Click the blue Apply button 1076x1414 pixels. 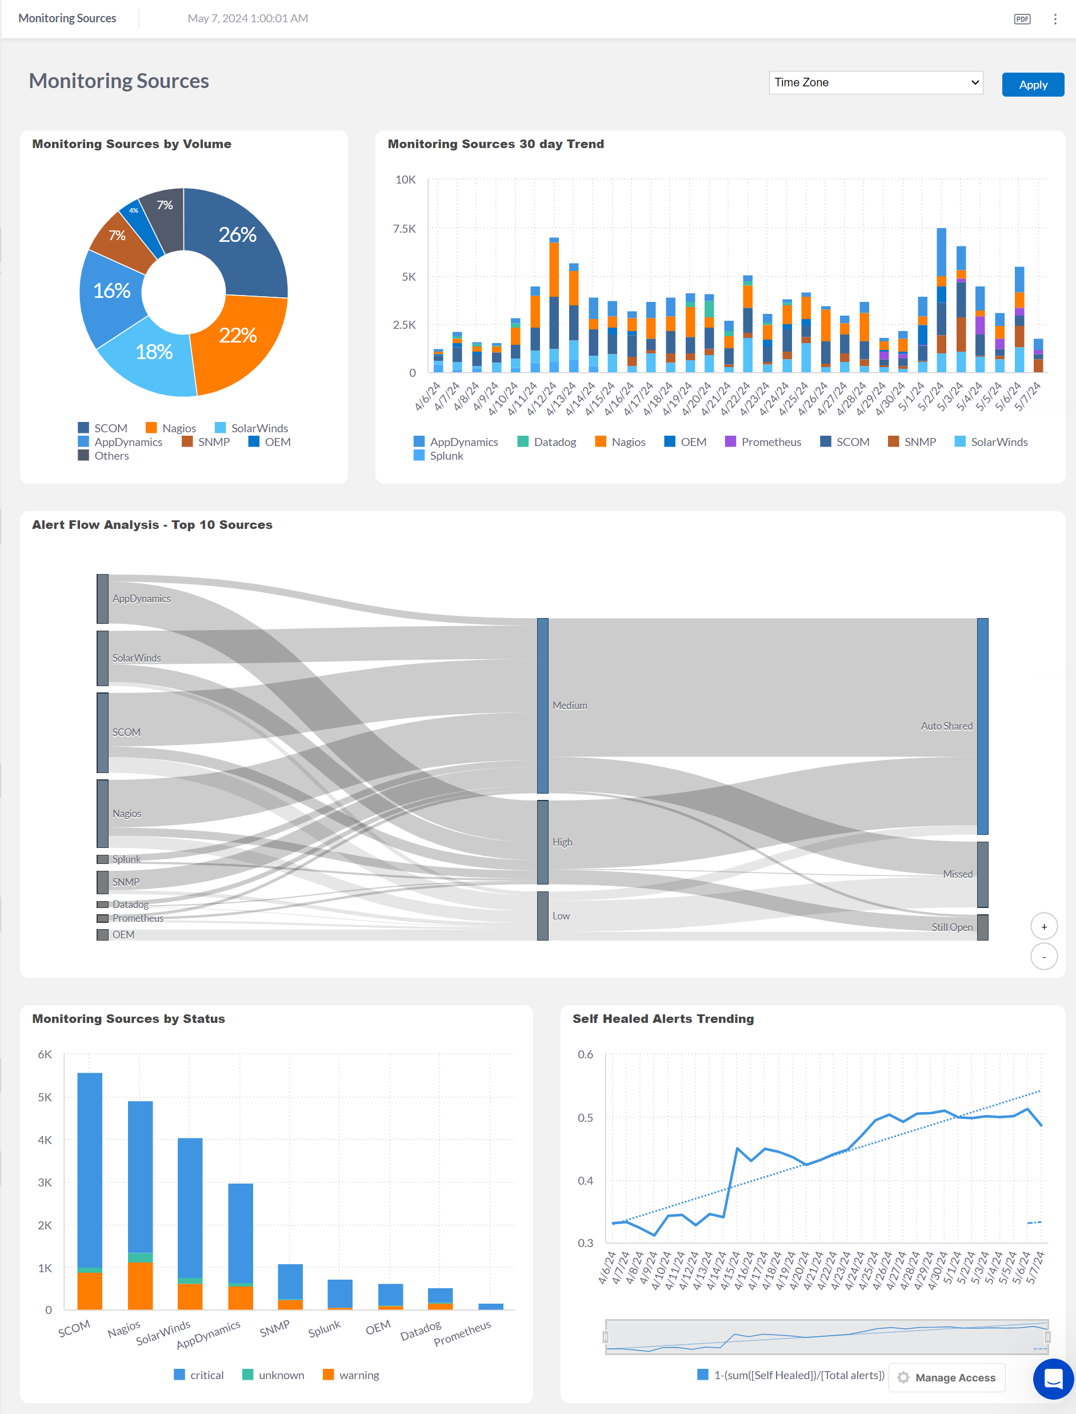1032,85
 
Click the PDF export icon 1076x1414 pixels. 1022,18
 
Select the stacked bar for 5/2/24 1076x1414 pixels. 941,301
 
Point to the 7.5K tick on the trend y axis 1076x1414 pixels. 404,229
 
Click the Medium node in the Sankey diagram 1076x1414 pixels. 542,706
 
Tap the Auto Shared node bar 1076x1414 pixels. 982,726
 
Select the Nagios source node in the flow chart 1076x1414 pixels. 102,813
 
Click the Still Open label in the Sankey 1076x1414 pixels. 952,927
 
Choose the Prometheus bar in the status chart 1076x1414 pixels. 491,1307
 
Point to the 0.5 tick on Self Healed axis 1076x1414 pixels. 585,1118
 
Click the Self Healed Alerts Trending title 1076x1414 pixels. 663,1019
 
